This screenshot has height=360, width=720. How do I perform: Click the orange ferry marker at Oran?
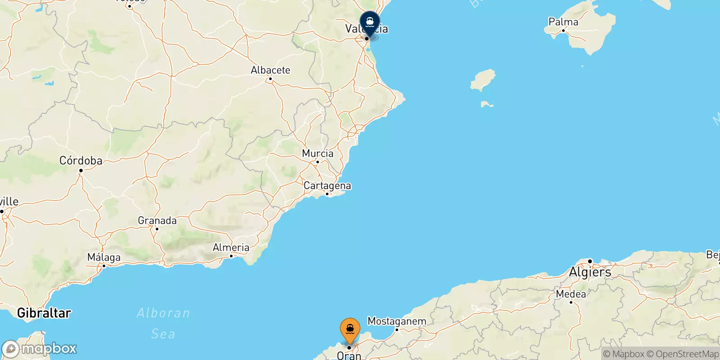pos(350,330)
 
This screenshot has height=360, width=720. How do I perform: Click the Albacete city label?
pos(270,70)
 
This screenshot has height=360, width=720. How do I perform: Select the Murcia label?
pos(318,153)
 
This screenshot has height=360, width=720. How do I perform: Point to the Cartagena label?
pos(327,185)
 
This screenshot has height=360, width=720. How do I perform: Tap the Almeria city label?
pos(231,247)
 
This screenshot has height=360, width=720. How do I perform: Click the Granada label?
pos(157,220)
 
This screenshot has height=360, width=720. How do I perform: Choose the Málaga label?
pos(104,257)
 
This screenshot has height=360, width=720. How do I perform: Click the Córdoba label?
pos(81,161)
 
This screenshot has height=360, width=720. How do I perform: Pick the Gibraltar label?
pos(44,313)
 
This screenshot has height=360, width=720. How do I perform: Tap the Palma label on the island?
pos(563,22)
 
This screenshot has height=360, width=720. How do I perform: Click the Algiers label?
pos(590,272)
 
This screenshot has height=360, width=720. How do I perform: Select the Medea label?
pos(571,294)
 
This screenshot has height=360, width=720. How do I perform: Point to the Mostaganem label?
pos(397,321)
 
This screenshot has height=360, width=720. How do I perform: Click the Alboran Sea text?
pos(163,323)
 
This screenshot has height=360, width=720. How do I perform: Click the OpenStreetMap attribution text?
pos(687,354)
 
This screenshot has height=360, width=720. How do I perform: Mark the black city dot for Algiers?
pos(590,261)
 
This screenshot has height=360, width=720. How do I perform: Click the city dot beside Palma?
pos(563,31)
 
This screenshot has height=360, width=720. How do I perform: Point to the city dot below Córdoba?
pos(81,171)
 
